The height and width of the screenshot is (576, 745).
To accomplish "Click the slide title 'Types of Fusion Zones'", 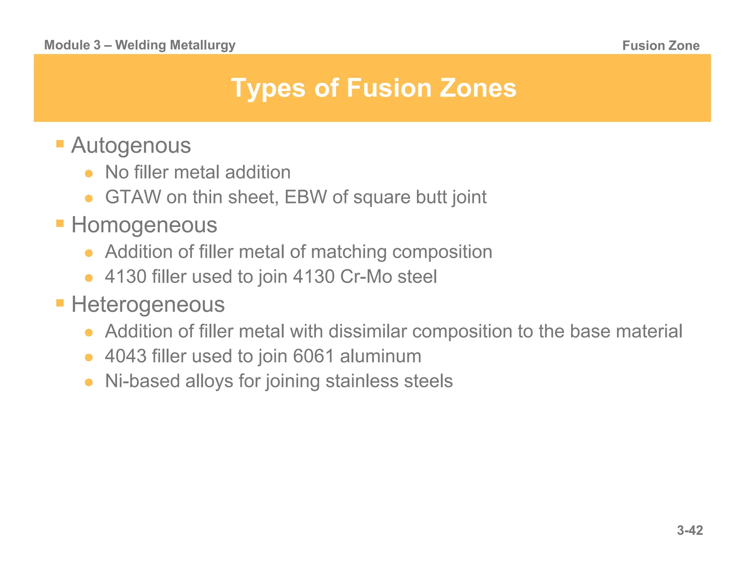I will [x=374, y=88].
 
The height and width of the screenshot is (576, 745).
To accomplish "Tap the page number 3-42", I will [x=690, y=530].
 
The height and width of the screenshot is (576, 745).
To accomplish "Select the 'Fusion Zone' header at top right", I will [x=661, y=46].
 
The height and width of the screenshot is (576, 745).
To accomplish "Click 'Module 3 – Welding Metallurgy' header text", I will [x=140, y=45].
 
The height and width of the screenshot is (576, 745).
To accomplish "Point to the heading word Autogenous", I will [x=131, y=146].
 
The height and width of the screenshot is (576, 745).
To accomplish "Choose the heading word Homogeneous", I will [x=144, y=225].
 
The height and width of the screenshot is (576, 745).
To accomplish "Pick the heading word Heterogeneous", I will [x=148, y=304].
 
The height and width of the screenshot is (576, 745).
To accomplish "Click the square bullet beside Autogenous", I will [x=60, y=143].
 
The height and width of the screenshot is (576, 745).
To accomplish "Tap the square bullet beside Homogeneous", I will [x=60, y=223].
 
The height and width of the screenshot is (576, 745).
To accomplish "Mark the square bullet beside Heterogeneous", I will [x=60, y=302].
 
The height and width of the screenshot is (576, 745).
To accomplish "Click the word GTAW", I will [x=133, y=197].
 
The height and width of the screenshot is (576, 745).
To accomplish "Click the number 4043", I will [x=126, y=356].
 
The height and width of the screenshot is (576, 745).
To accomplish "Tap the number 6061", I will [x=314, y=356].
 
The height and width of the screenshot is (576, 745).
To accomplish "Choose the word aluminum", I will [x=381, y=356].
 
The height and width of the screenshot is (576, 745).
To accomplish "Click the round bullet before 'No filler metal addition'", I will [x=89, y=174].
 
